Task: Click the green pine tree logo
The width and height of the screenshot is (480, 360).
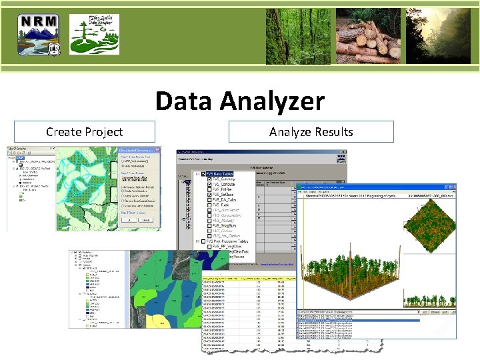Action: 95,34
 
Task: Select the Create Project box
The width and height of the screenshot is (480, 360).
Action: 84,132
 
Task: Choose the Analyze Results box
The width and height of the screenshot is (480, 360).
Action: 311,132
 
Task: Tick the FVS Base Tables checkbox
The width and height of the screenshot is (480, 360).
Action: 199,175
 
